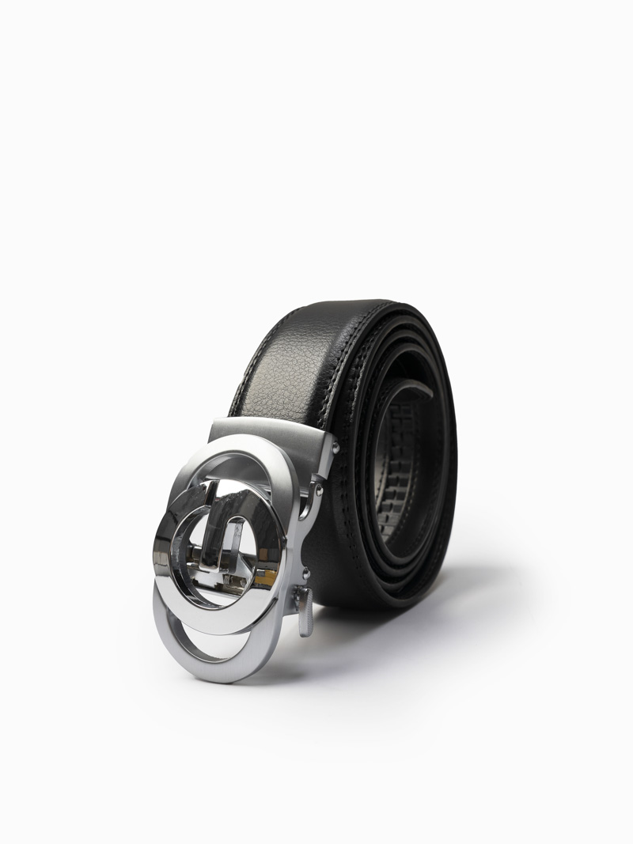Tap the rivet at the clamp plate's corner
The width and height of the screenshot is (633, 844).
(x=336, y=448)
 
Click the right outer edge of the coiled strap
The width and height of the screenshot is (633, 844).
(x=456, y=459)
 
